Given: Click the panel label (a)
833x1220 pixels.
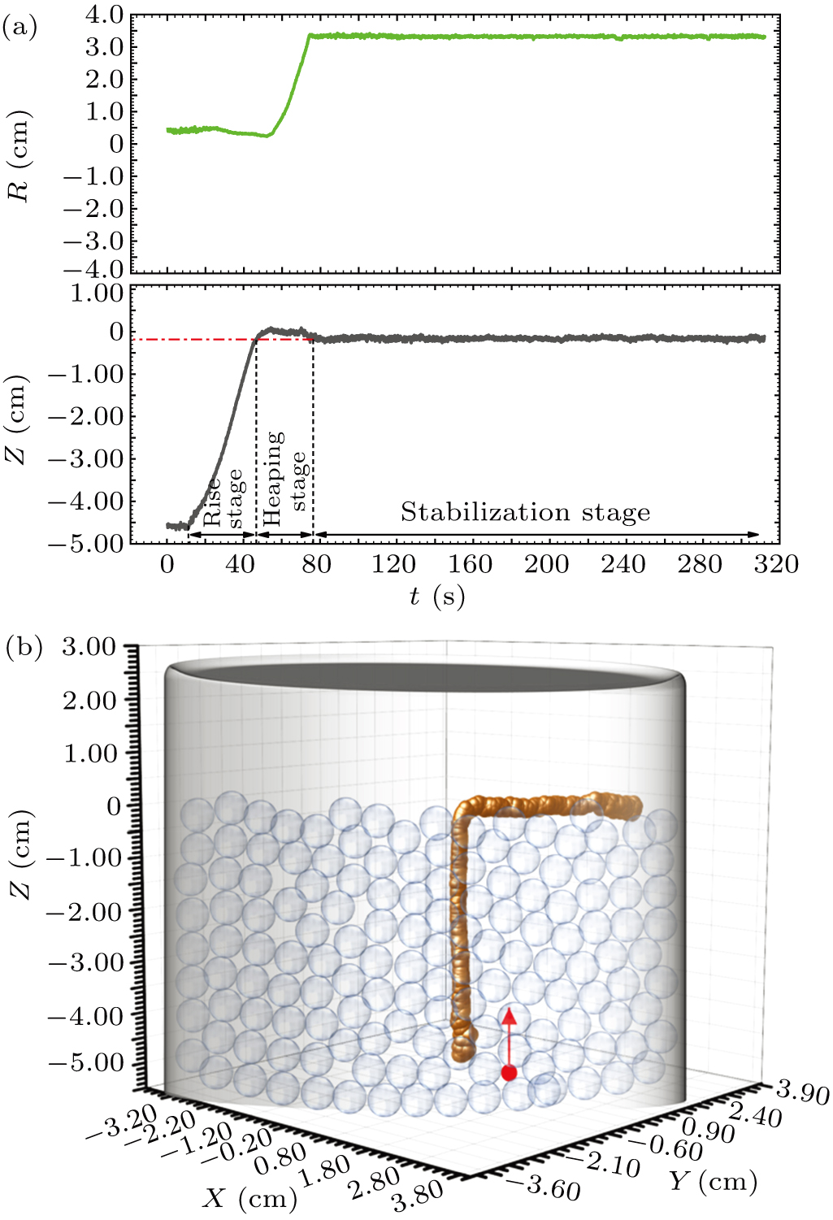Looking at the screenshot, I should pos(20,28).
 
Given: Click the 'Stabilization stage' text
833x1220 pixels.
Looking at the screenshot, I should pos(525,512).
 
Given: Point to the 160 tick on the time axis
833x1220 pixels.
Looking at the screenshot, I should pos(470,564).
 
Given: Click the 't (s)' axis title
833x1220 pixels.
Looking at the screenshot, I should pos(436,597).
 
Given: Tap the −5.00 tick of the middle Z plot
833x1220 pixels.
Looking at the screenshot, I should pos(86,543).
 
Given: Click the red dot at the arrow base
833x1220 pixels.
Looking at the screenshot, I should pos(509,1073).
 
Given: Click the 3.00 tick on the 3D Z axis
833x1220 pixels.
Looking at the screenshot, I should pos(89,648).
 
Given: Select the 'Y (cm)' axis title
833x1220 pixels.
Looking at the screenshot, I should pos(713,1180).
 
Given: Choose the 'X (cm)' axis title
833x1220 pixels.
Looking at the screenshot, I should pos(250,1198).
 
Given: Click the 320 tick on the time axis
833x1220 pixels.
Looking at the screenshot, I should pos(775,564).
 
